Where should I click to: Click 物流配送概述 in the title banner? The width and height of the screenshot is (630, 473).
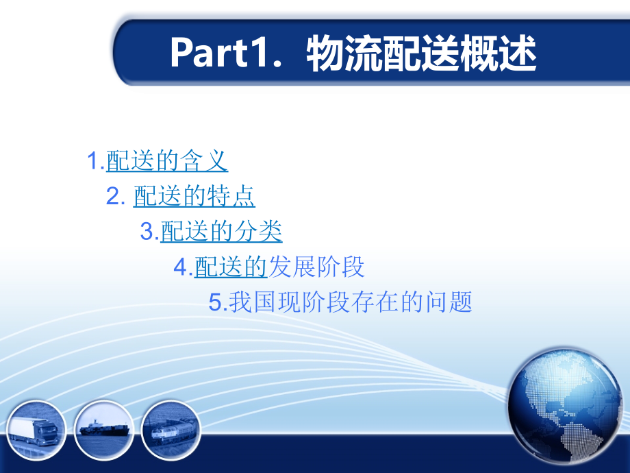(422, 53)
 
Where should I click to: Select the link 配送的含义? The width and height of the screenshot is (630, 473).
(167, 162)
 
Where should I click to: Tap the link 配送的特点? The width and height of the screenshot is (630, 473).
(194, 197)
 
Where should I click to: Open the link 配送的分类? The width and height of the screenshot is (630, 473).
(221, 232)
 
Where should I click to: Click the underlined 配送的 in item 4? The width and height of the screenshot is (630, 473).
(230, 267)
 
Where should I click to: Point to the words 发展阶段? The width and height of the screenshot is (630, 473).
(316, 267)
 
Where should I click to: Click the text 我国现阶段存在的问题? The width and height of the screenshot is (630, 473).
(351, 302)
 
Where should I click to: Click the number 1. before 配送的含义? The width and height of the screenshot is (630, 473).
(95, 162)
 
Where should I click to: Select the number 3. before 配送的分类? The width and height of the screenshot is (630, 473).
(149, 232)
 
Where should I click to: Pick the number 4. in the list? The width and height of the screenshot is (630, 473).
(183, 267)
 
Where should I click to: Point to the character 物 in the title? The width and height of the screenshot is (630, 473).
(325, 53)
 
